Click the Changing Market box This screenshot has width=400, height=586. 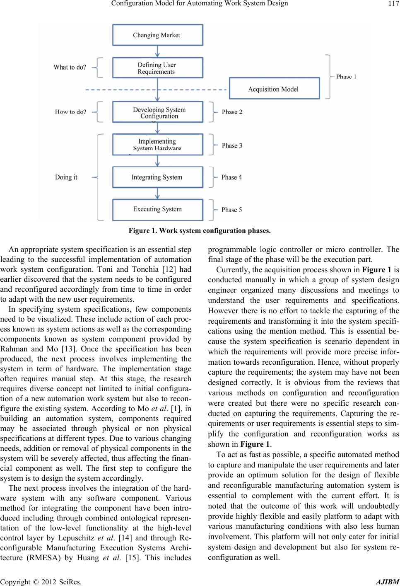coord(157,35)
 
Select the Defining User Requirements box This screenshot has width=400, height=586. coord(157,68)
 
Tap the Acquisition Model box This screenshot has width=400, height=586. coord(274,89)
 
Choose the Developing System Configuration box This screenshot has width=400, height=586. coord(157,113)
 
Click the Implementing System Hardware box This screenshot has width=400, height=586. coord(157,145)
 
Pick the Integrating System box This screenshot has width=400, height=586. coord(157,177)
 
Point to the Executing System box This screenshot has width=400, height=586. coord(157,209)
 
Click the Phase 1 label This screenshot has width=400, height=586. coord(346,77)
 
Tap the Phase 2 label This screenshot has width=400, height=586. coord(232,112)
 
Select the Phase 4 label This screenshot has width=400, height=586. coord(231,177)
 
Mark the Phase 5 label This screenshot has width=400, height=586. coord(231,210)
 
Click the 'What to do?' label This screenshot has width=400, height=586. coord(70,67)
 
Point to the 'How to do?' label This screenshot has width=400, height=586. coord(71,112)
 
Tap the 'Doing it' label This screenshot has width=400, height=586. coord(66,177)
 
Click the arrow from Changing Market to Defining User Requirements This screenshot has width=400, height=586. coord(157,51)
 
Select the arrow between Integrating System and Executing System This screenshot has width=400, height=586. coord(157,194)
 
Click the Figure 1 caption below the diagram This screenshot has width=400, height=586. coord(200,230)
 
